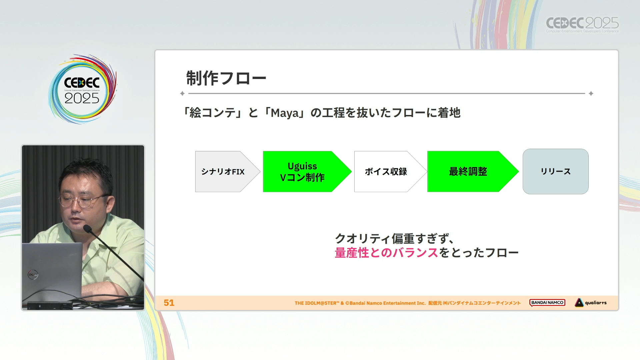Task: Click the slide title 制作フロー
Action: [226, 78]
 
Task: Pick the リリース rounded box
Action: [556, 171]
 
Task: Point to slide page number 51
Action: [169, 303]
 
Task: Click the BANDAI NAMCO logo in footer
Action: [547, 303]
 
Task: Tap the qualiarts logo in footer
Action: [591, 303]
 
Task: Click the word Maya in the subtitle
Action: [285, 113]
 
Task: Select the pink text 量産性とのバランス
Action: [386, 253]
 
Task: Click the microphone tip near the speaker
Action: [87, 228]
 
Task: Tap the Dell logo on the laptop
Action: [33, 275]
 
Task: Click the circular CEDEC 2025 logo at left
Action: [82, 89]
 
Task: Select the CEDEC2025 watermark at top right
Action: [582, 25]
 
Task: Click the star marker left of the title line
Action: [182, 94]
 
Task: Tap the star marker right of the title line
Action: [591, 94]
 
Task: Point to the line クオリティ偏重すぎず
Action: [394, 239]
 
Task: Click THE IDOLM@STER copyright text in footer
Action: [407, 303]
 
